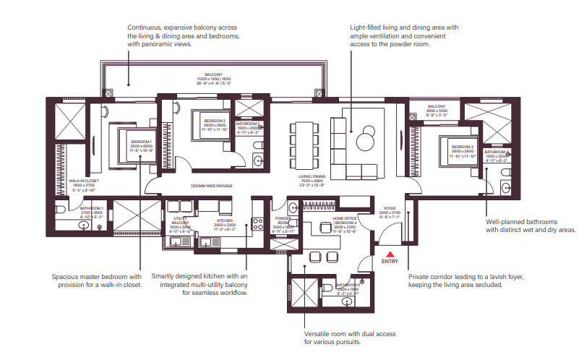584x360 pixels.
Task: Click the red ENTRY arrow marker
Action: [x=390, y=254]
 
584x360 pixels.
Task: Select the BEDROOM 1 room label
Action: [x=141, y=142]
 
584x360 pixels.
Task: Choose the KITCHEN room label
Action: [x=224, y=219]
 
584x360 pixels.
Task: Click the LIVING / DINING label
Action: [x=314, y=176]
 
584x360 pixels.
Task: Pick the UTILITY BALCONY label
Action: [x=180, y=220]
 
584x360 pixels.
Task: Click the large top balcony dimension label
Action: [x=213, y=78]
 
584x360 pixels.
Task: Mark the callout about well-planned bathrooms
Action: [x=530, y=226]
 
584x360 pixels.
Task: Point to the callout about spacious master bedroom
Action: [x=96, y=280]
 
